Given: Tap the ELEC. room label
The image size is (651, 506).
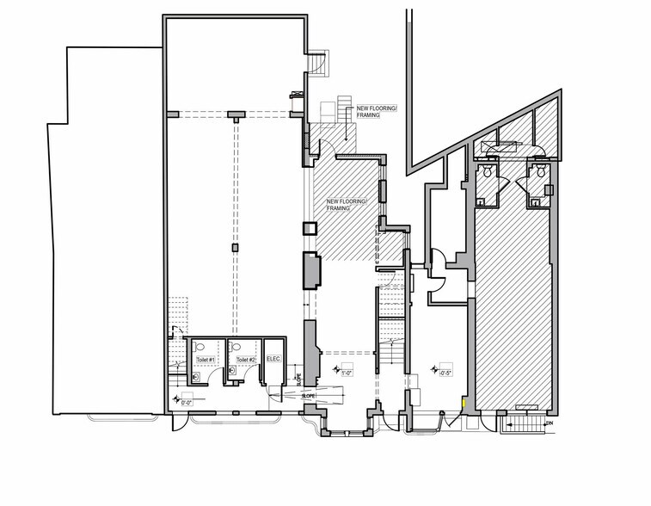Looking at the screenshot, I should coord(274,359).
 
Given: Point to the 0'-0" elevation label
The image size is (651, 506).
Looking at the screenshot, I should coord(187,399).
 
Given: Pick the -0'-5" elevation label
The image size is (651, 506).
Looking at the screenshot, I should coord(445,373).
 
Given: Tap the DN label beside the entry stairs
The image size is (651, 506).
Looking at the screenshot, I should coord(548,423).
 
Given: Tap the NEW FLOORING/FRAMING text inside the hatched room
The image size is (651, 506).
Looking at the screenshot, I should coord(347,204).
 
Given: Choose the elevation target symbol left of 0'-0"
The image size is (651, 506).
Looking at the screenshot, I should coord(176,399).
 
